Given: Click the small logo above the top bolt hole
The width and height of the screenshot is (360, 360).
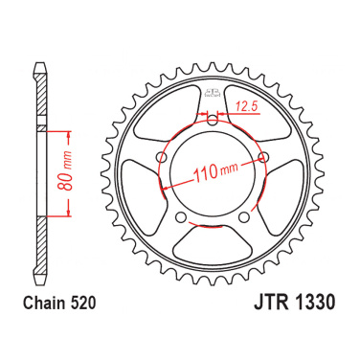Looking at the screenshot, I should click(x=210, y=93).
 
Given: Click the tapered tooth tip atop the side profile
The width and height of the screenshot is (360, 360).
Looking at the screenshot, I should click(x=39, y=72).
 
